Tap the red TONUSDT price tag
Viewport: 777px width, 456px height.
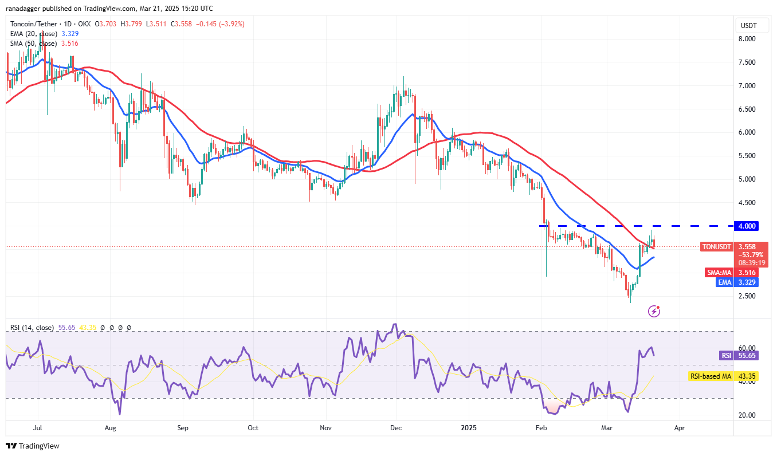coord(717,247)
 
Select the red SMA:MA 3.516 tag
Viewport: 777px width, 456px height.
coord(719,273)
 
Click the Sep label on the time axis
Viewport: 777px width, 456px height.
coord(183,427)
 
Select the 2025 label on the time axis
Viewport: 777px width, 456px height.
coord(469,427)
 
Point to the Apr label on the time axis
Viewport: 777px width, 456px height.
coord(680,427)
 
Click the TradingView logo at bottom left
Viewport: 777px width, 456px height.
coord(33,446)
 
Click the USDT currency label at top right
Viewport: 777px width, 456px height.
coord(748,25)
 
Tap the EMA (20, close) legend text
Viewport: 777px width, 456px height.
coord(32,34)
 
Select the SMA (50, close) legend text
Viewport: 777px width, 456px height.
coord(32,44)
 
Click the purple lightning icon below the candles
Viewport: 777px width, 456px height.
coord(654,311)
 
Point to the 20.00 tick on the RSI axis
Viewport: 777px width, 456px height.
coord(747,415)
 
